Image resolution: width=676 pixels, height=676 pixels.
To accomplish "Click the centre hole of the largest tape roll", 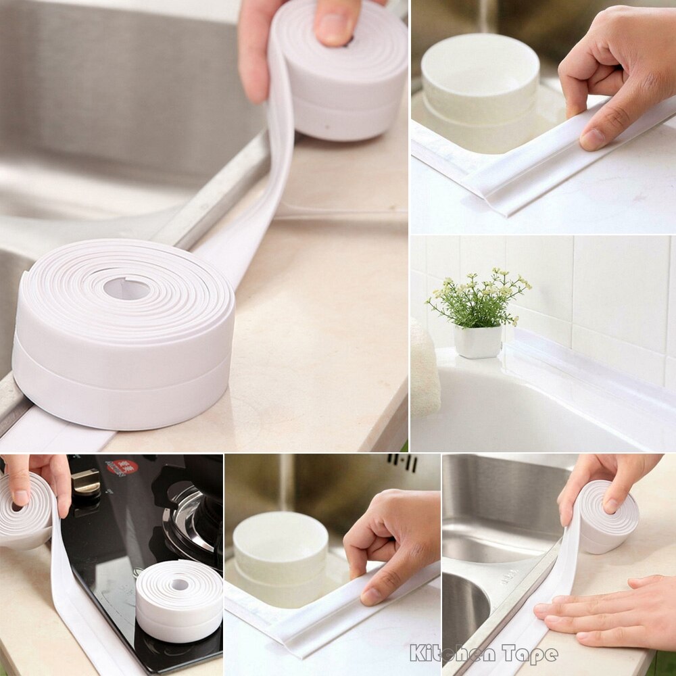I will tap(127, 289).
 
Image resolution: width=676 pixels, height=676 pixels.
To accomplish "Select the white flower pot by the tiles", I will tap(478, 341).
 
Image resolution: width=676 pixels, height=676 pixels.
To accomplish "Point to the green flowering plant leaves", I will tap(477, 301).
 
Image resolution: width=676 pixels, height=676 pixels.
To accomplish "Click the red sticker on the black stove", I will tap(122, 467).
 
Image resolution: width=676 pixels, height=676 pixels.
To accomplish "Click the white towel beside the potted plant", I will tap(425, 368).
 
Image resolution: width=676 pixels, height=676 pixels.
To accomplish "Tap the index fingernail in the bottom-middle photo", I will tap(371, 595).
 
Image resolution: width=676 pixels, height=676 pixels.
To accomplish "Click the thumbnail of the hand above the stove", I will tap(20, 498).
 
